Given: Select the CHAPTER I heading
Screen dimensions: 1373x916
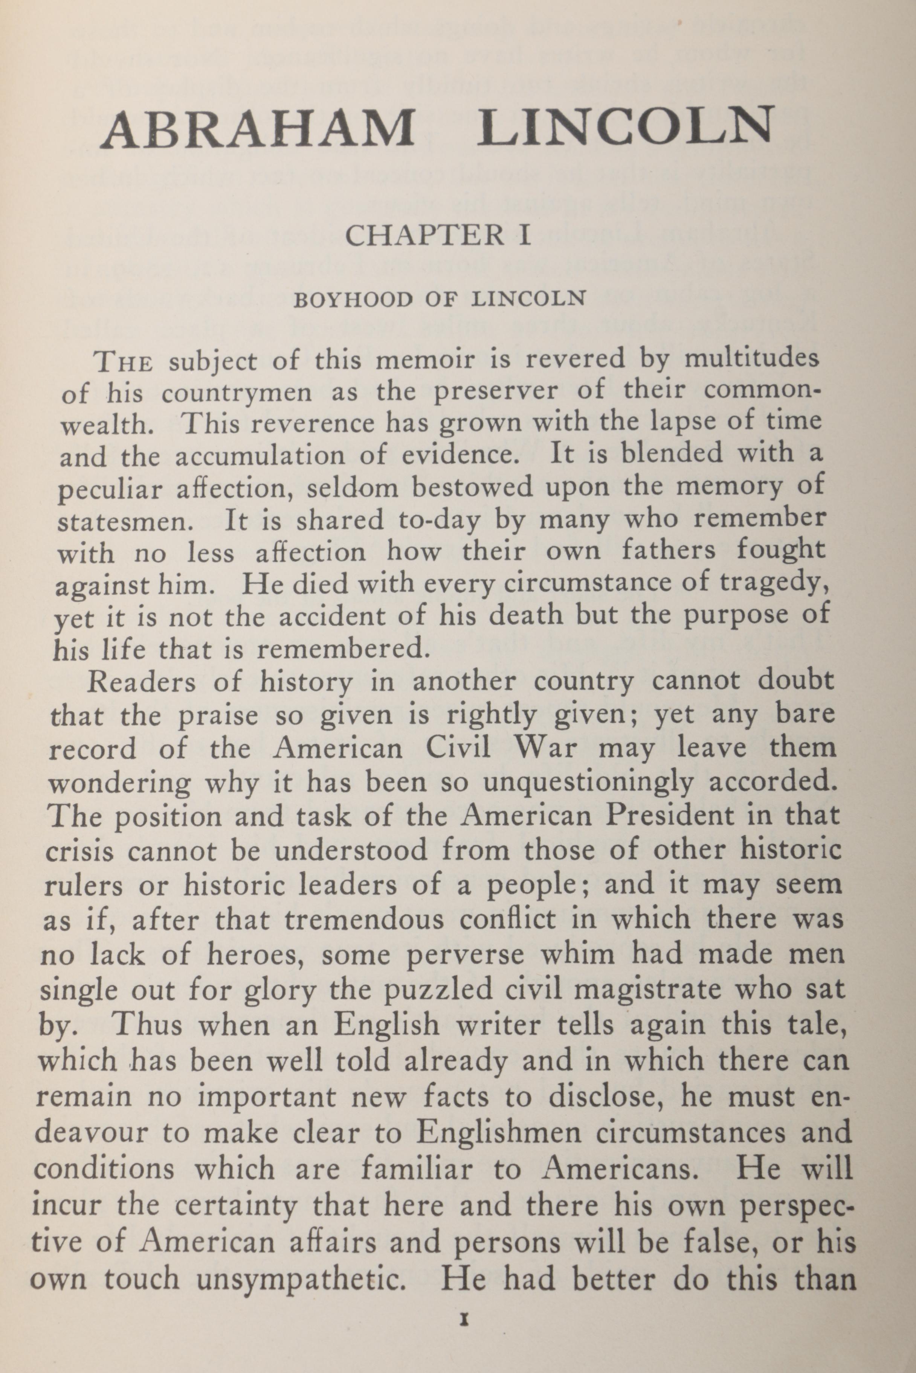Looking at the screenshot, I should pos(438,235).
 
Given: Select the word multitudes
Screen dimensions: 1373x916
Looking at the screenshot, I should pos(751,357).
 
